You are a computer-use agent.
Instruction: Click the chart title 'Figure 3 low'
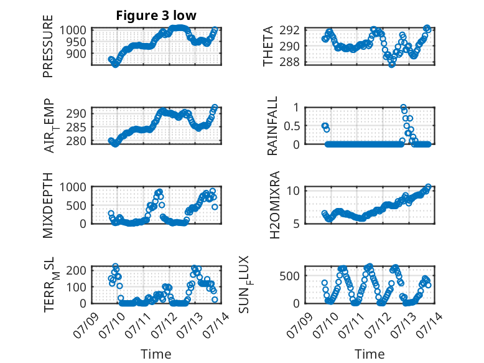[x=156, y=16]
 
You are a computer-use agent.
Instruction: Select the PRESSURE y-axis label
[x=48, y=46]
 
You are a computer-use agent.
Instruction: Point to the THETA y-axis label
[x=268, y=46]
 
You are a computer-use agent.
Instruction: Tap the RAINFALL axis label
[x=272, y=126]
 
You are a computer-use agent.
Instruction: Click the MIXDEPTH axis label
[x=48, y=205]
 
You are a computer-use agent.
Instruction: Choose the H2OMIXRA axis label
[x=274, y=205]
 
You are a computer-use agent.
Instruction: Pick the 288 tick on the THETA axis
[x=289, y=62]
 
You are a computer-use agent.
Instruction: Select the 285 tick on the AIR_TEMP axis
[x=76, y=127]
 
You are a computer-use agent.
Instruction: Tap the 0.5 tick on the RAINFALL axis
[x=291, y=126]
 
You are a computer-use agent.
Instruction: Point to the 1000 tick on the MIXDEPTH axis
[x=73, y=187]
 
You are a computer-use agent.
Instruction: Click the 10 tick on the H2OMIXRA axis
[x=293, y=191]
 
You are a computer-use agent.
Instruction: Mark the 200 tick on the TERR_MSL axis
[x=76, y=270]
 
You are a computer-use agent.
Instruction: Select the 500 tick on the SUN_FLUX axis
[x=289, y=276]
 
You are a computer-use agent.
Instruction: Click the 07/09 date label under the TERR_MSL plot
[x=86, y=325]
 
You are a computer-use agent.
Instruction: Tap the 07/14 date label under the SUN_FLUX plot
[x=430, y=325]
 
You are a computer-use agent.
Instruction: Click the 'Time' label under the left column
[x=156, y=354]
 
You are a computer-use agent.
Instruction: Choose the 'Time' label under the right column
[x=370, y=354]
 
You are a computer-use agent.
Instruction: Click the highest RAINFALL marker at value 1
[x=403, y=107]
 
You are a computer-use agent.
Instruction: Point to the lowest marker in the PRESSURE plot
[x=115, y=65]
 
